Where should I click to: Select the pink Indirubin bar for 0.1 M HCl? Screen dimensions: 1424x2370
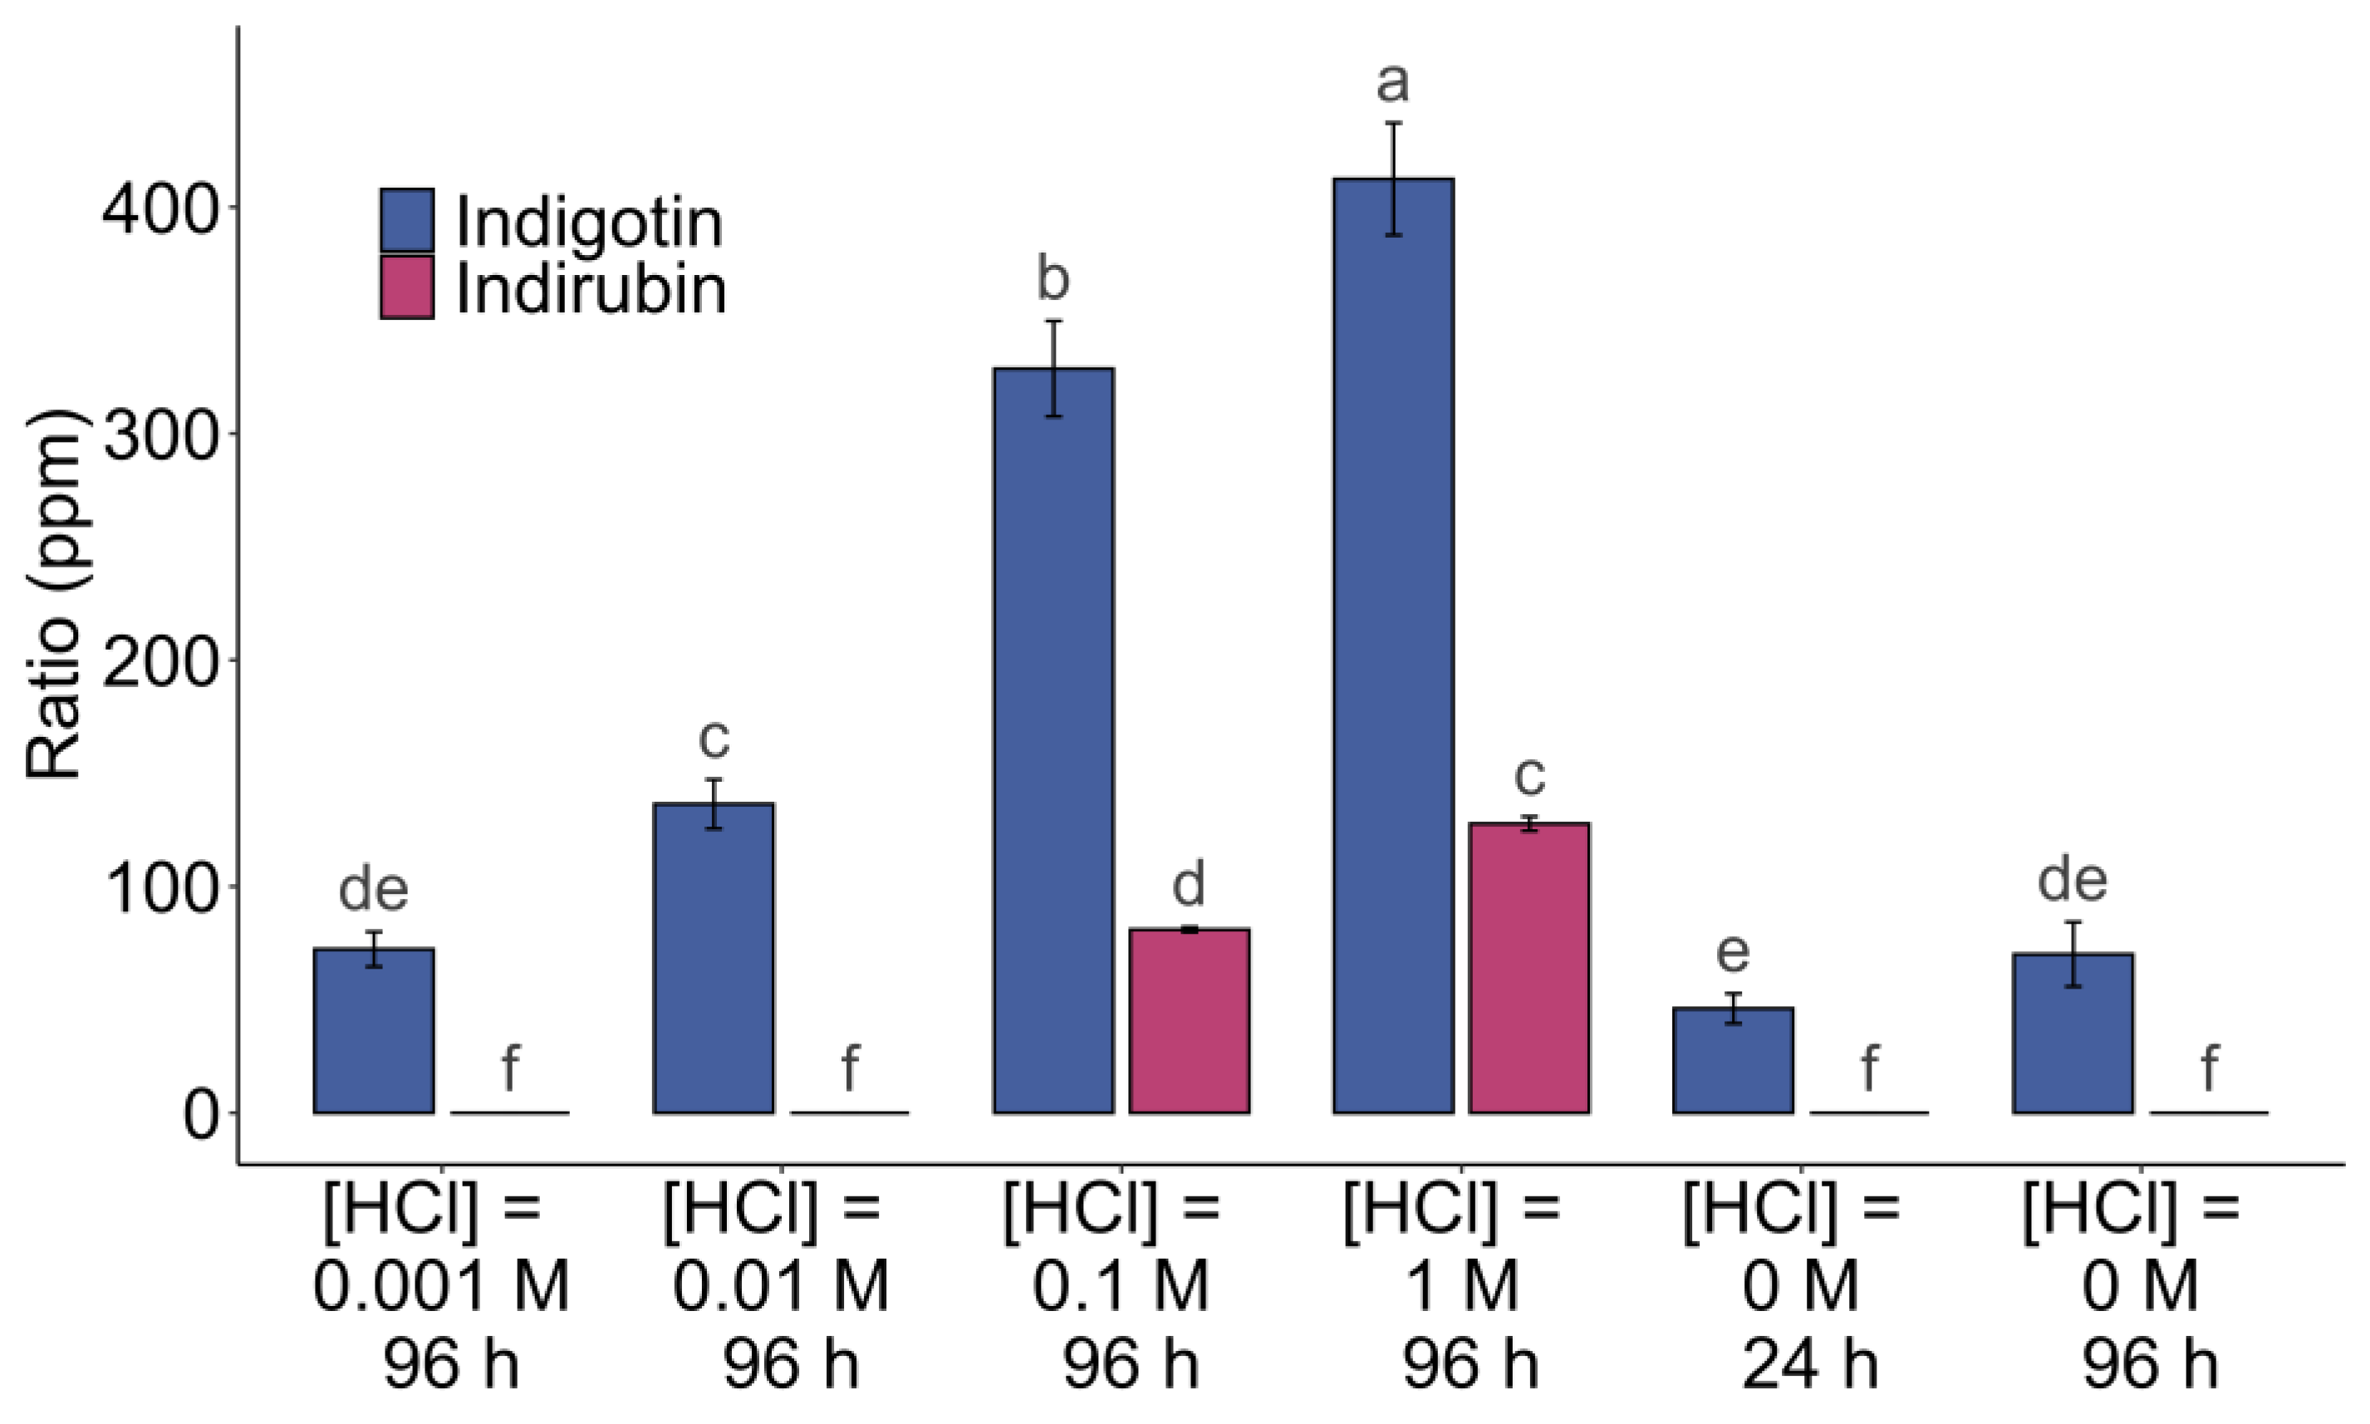pyautogui.click(x=1189, y=1021)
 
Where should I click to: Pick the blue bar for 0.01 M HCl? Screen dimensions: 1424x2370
pyautogui.click(x=714, y=959)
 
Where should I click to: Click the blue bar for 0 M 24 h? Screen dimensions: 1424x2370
pyautogui.click(x=1733, y=1060)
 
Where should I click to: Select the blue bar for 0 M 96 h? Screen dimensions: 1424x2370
pyautogui.click(x=2073, y=1034)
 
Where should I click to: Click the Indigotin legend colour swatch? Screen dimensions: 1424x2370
pyautogui.click(x=407, y=221)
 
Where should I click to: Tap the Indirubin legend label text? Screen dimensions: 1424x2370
pyautogui.click(x=590, y=289)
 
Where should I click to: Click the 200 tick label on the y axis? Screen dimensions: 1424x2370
pyautogui.click(x=159, y=661)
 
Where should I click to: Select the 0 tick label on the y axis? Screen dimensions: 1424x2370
pyautogui.click(x=202, y=1115)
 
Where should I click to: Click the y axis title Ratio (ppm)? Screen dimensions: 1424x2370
pyautogui.click(x=55, y=595)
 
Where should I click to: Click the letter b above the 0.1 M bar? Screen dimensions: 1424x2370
pyautogui.click(x=1053, y=279)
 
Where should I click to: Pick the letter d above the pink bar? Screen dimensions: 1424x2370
pyautogui.click(x=1189, y=884)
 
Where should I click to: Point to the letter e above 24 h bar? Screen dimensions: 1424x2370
pyautogui.click(x=1732, y=952)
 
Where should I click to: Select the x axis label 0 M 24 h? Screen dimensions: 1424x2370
pyautogui.click(x=1801, y=1287)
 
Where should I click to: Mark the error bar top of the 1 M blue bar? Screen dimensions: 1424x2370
pyautogui.click(x=1393, y=123)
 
